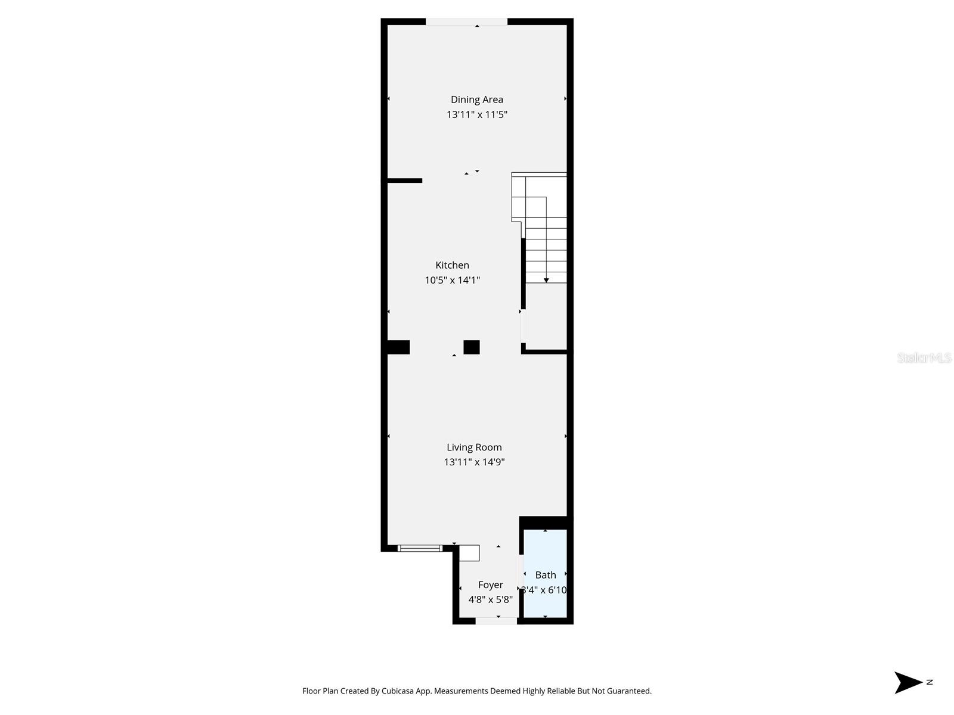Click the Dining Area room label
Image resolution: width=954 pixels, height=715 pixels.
coord(476,100)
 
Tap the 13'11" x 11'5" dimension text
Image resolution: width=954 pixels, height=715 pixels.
coord(476,114)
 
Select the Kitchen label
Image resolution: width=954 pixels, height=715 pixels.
coord(452,265)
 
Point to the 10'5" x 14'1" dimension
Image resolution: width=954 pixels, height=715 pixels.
coord(452,280)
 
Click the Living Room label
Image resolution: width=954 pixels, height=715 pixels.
coord(474,447)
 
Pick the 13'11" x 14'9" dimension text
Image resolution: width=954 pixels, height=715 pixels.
coord(474,462)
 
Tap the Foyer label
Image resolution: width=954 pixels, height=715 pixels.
coord(490,585)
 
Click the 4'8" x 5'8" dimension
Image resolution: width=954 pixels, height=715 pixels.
coord(490,599)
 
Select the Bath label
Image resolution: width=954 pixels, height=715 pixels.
coord(546,575)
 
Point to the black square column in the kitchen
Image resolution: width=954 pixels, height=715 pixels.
coord(472,347)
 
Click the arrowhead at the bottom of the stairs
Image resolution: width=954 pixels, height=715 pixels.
coord(546,280)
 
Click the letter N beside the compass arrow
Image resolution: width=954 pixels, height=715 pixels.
coord(930,682)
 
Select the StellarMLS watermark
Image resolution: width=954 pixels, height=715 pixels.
coord(924,357)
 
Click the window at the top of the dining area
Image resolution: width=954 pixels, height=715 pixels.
coord(466,22)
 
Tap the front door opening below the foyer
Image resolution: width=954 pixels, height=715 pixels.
coord(496,621)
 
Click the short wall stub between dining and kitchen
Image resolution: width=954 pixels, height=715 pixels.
coord(405,181)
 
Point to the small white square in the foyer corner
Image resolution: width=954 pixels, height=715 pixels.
coord(469,553)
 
